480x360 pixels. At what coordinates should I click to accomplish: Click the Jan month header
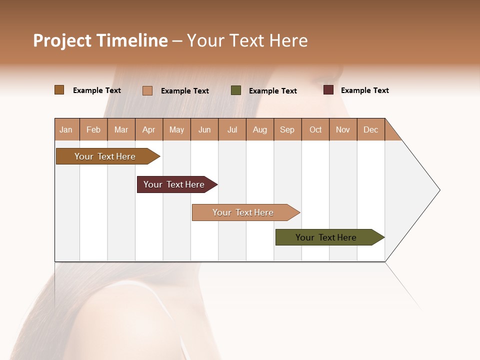[66, 129]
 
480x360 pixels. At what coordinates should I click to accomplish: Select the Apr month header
[149, 129]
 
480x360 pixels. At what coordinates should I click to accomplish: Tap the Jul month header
[232, 129]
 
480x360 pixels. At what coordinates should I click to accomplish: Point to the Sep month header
[287, 129]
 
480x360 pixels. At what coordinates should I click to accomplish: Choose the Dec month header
[370, 129]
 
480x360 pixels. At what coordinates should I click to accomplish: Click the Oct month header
[315, 129]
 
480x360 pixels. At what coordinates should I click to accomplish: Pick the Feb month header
[93, 129]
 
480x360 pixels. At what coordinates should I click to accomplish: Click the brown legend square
[59, 90]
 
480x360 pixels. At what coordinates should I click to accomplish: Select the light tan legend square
[147, 90]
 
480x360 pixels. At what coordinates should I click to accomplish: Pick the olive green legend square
[236, 90]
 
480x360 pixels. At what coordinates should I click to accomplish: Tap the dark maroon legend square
[328, 90]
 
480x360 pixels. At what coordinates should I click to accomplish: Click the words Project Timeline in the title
[100, 40]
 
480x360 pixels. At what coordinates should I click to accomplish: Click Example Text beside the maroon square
[364, 90]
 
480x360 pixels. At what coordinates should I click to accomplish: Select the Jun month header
[204, 129]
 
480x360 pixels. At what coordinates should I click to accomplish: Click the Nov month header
[343, 129]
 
